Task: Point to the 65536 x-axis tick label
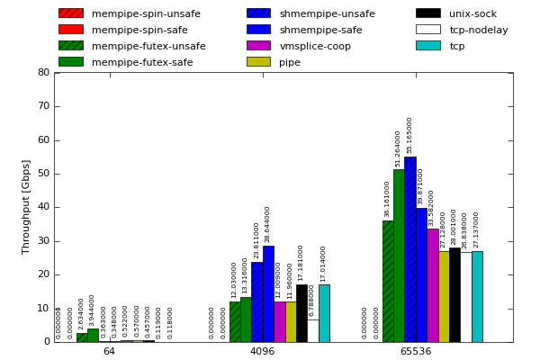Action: (x=416, y=352)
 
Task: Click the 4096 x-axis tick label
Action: (x=262, y=352)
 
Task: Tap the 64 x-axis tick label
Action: (x=109, y=352)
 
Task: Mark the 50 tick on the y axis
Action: (x=43, y=174)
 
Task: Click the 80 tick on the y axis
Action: (x=43, y=73)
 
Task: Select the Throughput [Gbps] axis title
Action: (x=26, y=207)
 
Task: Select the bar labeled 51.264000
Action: (x=399, y=256)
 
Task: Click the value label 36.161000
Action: (x=388, y=199)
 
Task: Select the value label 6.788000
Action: (x=312, y=300)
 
